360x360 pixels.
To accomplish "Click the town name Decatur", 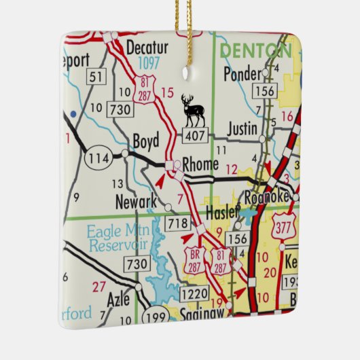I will (x=146, y=48).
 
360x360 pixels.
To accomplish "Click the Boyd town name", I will (x=145, y=141).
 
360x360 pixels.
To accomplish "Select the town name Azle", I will (x=118, y=298).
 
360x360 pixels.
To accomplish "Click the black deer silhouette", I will (x=193, y=111).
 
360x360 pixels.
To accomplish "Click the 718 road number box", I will (x=178, y=222).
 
